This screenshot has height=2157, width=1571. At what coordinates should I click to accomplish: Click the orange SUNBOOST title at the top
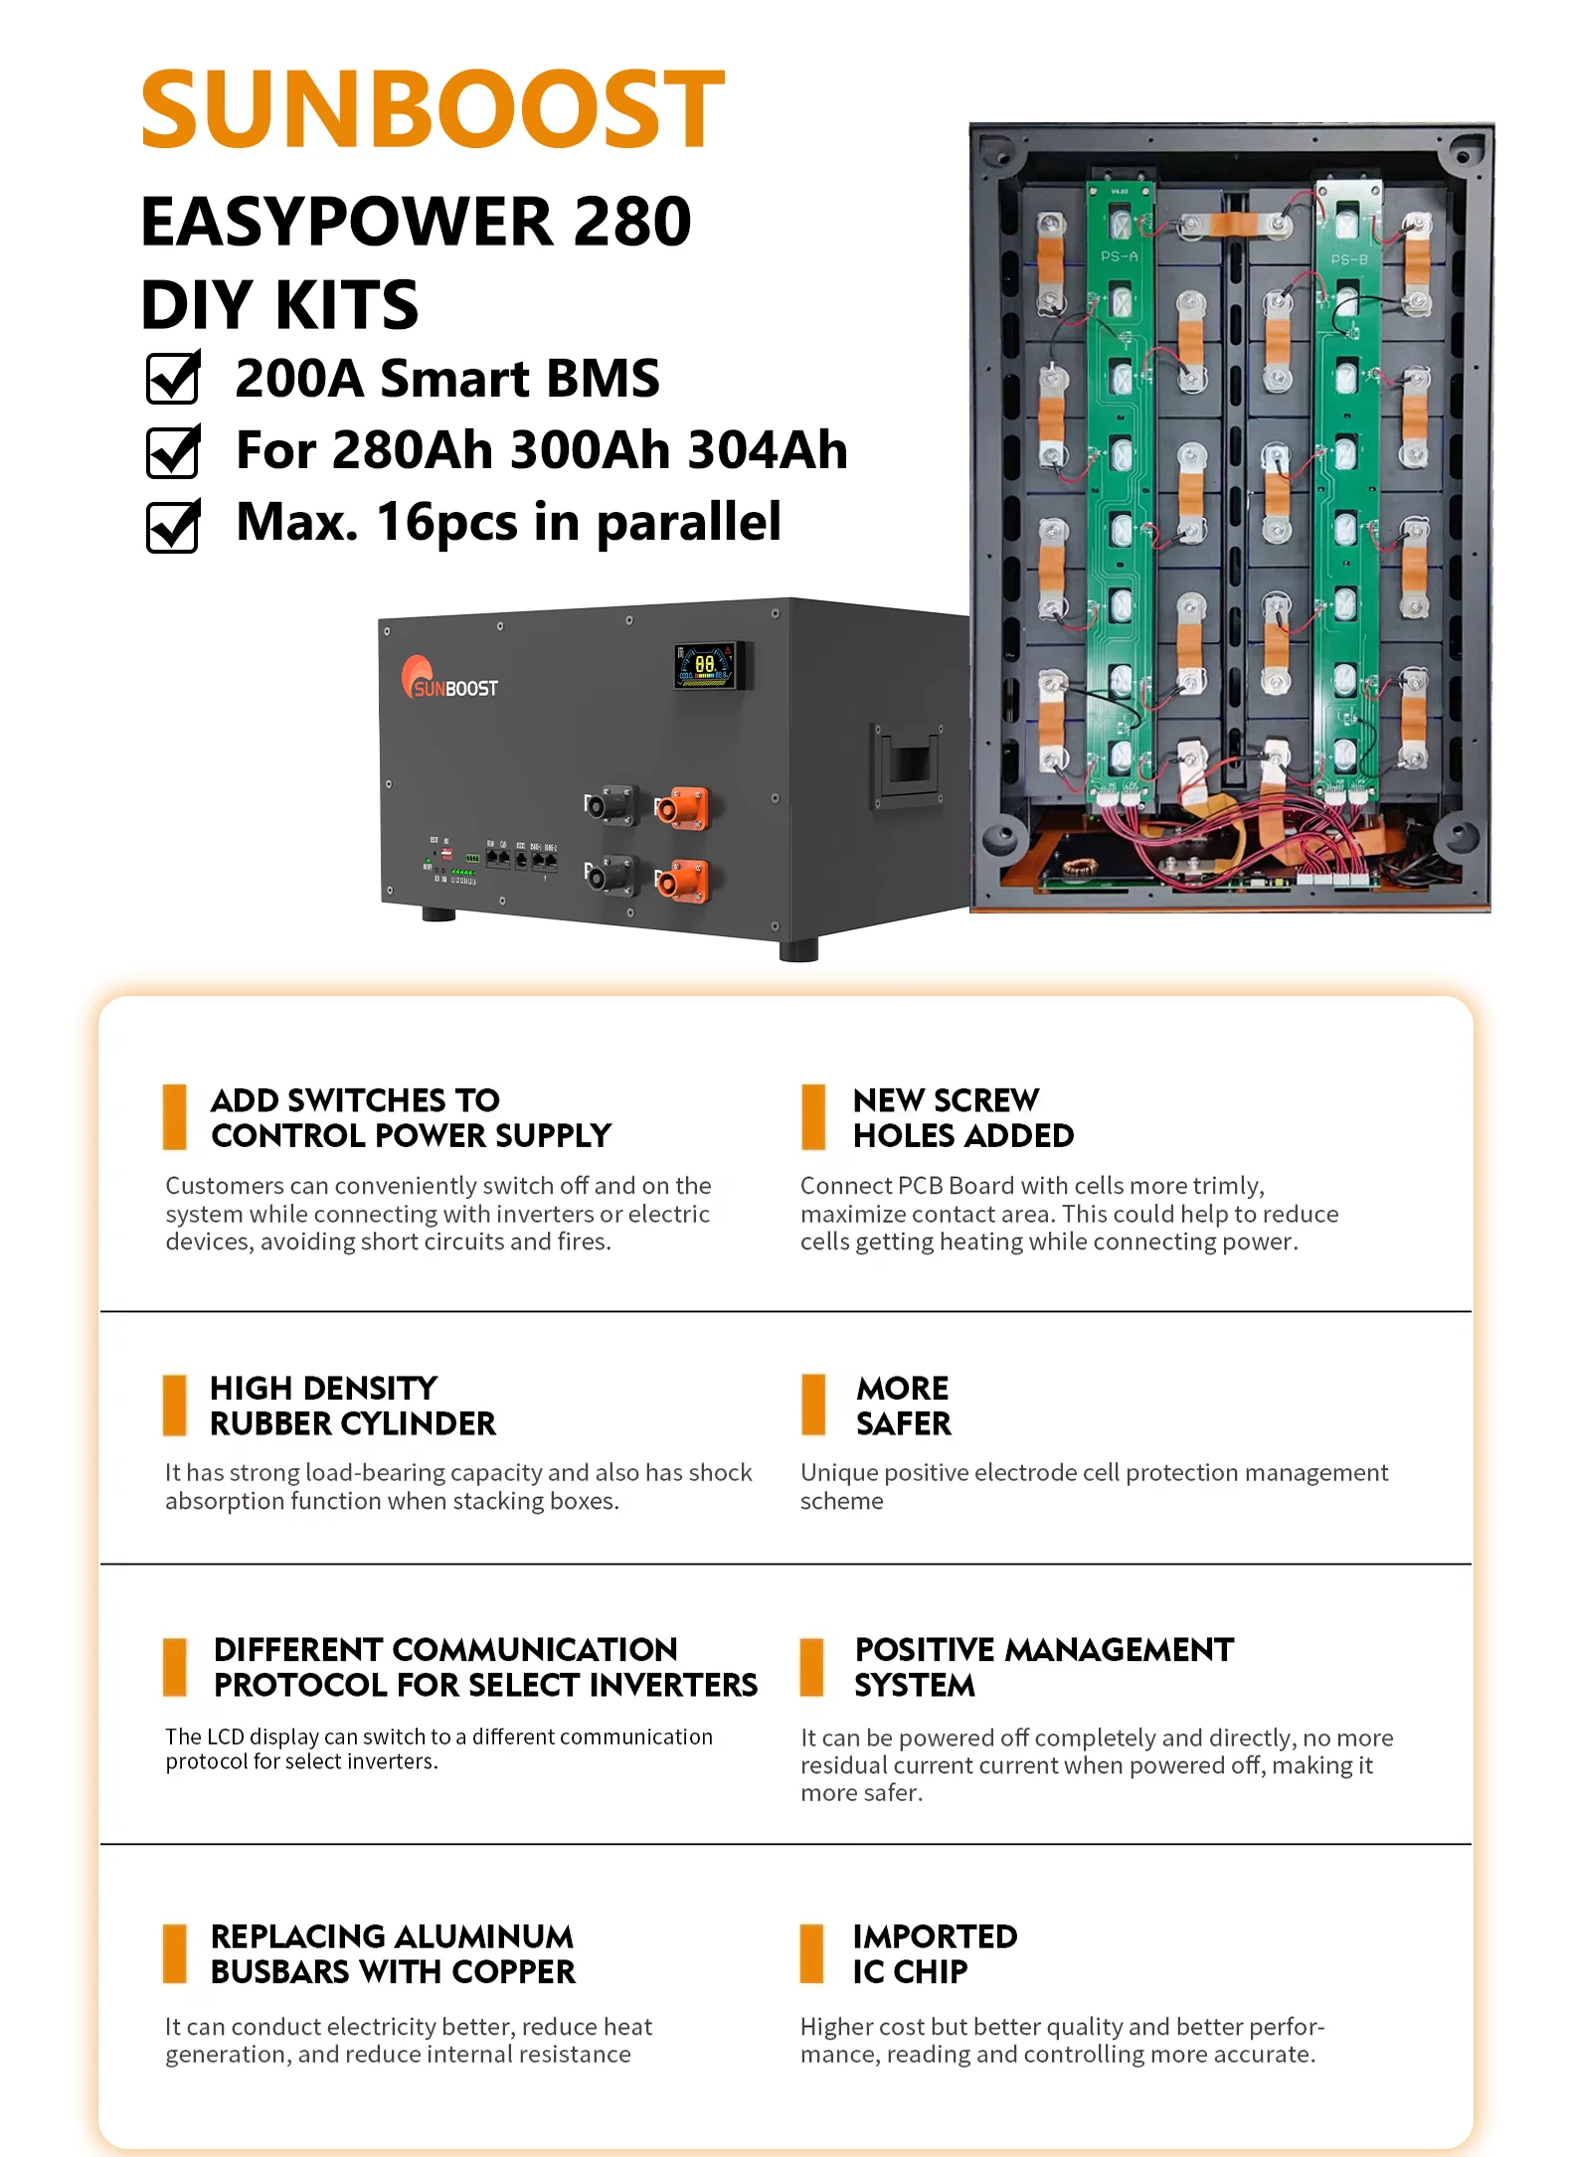tap(433, 108)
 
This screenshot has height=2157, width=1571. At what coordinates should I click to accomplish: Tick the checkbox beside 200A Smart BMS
tap(173, 379)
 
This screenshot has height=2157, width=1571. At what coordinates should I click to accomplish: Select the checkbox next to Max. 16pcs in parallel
tap(173, 526)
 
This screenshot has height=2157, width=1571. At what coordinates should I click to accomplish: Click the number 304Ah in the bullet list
tap(767, 450)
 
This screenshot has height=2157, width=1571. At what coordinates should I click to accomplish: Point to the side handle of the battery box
tap(908, 763)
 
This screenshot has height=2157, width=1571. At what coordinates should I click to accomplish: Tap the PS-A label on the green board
tap(1120, 256)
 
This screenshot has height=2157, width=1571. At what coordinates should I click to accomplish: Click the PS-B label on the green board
tap(1348, 259)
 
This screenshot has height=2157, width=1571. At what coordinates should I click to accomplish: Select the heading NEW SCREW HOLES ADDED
tap(962, 1117)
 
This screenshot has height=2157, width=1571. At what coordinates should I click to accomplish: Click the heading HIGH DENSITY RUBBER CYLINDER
tap(352, 1406)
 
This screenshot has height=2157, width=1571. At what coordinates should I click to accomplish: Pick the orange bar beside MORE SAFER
tap(813, 1405)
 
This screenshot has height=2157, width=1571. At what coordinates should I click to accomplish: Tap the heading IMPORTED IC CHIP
tap(935, 1953)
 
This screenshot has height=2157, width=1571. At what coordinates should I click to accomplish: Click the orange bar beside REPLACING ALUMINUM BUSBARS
tap(175, 1953)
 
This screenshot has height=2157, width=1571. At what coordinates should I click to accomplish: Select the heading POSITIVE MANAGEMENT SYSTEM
tap(1043, 1667)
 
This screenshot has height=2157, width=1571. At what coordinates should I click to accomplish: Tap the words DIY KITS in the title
tap(280, 305)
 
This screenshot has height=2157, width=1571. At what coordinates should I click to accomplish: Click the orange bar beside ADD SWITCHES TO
tap(175, 1117)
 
